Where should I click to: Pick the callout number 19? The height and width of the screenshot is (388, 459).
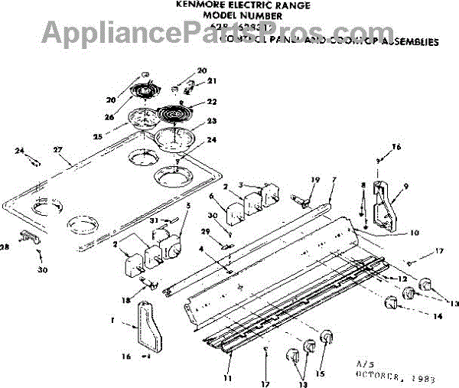point(314,180)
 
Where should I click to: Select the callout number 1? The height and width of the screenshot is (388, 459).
point(134,324)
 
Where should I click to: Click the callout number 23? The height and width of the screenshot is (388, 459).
point(212,122)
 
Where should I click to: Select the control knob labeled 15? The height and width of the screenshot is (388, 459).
point(327,337)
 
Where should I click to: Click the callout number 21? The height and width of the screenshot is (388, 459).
point(213,81)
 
